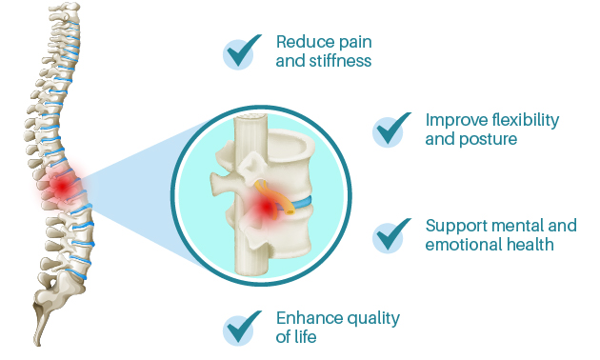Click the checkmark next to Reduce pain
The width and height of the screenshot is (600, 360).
(242, 51)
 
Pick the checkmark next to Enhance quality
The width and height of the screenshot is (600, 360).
(242, 328)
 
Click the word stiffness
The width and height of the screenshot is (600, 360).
(340, 61)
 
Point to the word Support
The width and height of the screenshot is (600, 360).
(455, 226)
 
